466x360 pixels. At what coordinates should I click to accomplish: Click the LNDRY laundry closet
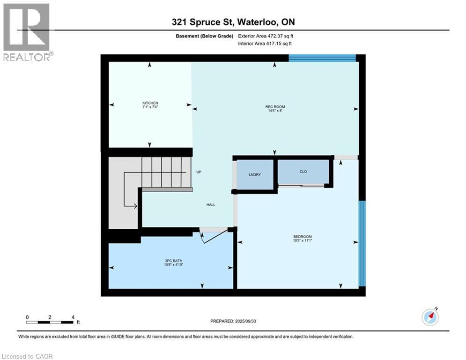pyautogui.click(x=254, y=175)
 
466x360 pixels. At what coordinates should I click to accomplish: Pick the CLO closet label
pyautogui.click(x=303, y=172)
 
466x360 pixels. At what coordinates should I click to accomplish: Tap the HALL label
pyautogui.click(x=211, y=205)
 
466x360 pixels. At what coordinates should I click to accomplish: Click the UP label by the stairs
pyautogui.click(x=199, y=172)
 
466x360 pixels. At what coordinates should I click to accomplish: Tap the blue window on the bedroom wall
pyautogui.click(x=362, y=243)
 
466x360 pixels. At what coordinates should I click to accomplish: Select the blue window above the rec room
pyautogui.click(x=322, y=58)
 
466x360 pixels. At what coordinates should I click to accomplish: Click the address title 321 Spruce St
pyautogui.click(x=233, y=22)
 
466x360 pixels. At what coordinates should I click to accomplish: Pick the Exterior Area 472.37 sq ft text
pyautogui.click(x=266, y=36)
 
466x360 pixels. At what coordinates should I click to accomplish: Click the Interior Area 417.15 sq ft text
pyautogui.click(x=266, y=44)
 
